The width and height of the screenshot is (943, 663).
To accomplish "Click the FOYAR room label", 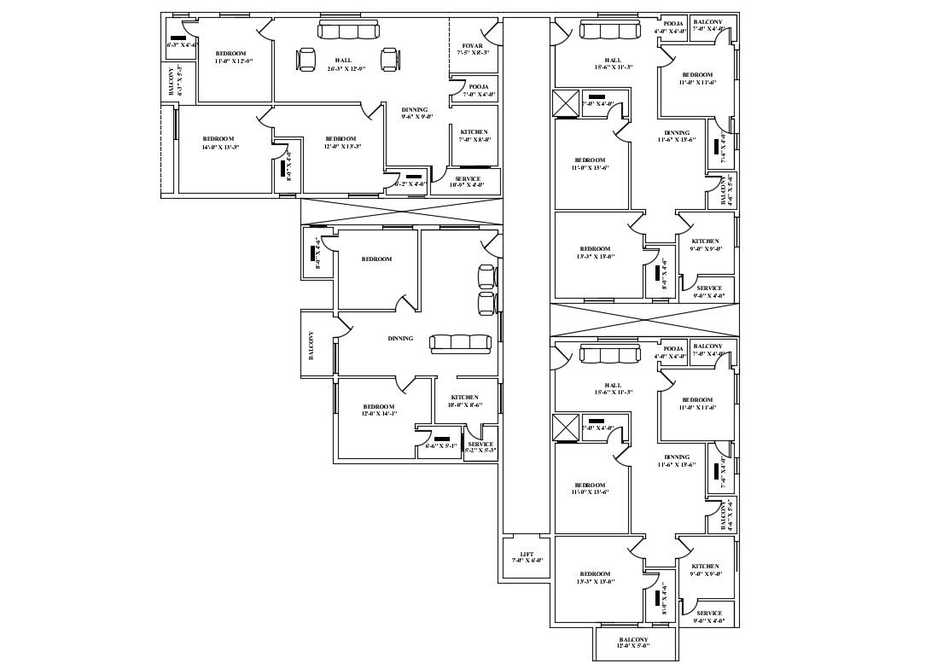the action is click(x=472, y=46).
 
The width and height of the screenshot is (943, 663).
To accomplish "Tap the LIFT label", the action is click(x=527, y=554).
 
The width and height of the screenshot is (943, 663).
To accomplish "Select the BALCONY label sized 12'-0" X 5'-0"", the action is click(x=634, y=639).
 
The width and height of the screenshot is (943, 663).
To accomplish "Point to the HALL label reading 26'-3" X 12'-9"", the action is click(x=344, y=60).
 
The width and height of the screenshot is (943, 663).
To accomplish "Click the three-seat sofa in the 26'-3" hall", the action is click(x=348, y=32).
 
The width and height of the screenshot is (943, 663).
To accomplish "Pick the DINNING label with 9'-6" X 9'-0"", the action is click(x=415, y=109).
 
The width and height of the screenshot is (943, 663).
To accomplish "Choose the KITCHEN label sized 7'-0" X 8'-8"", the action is click(x=474, y=132).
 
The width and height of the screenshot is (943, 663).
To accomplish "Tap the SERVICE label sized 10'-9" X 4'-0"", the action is click(x=468, y=179).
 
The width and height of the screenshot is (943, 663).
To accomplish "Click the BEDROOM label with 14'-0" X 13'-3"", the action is click(x=218, y=139).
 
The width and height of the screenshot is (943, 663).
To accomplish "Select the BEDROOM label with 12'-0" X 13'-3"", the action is click(x=341, y=139).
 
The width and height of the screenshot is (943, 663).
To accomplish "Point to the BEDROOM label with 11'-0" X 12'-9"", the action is click(x=230, y=54).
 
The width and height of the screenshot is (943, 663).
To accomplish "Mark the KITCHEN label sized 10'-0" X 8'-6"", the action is click(x=464, y=398).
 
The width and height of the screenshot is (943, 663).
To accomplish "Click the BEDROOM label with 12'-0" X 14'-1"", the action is click(x=378, y=406).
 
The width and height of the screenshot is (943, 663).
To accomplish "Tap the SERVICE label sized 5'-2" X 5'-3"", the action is click(x=480, y=444).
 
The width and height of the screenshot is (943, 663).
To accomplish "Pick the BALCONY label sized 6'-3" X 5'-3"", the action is click(x=171, y=82).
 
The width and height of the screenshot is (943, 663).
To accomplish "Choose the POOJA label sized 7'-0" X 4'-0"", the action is click(x=479, y=87).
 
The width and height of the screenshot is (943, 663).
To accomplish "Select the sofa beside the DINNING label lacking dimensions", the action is click(x=461, y=343).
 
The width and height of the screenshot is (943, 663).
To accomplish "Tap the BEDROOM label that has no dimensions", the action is click(x=376, y=259).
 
